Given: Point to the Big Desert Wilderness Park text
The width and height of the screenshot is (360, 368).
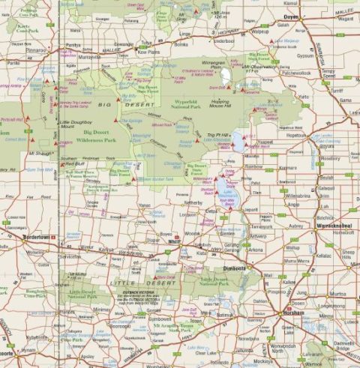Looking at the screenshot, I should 89,135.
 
